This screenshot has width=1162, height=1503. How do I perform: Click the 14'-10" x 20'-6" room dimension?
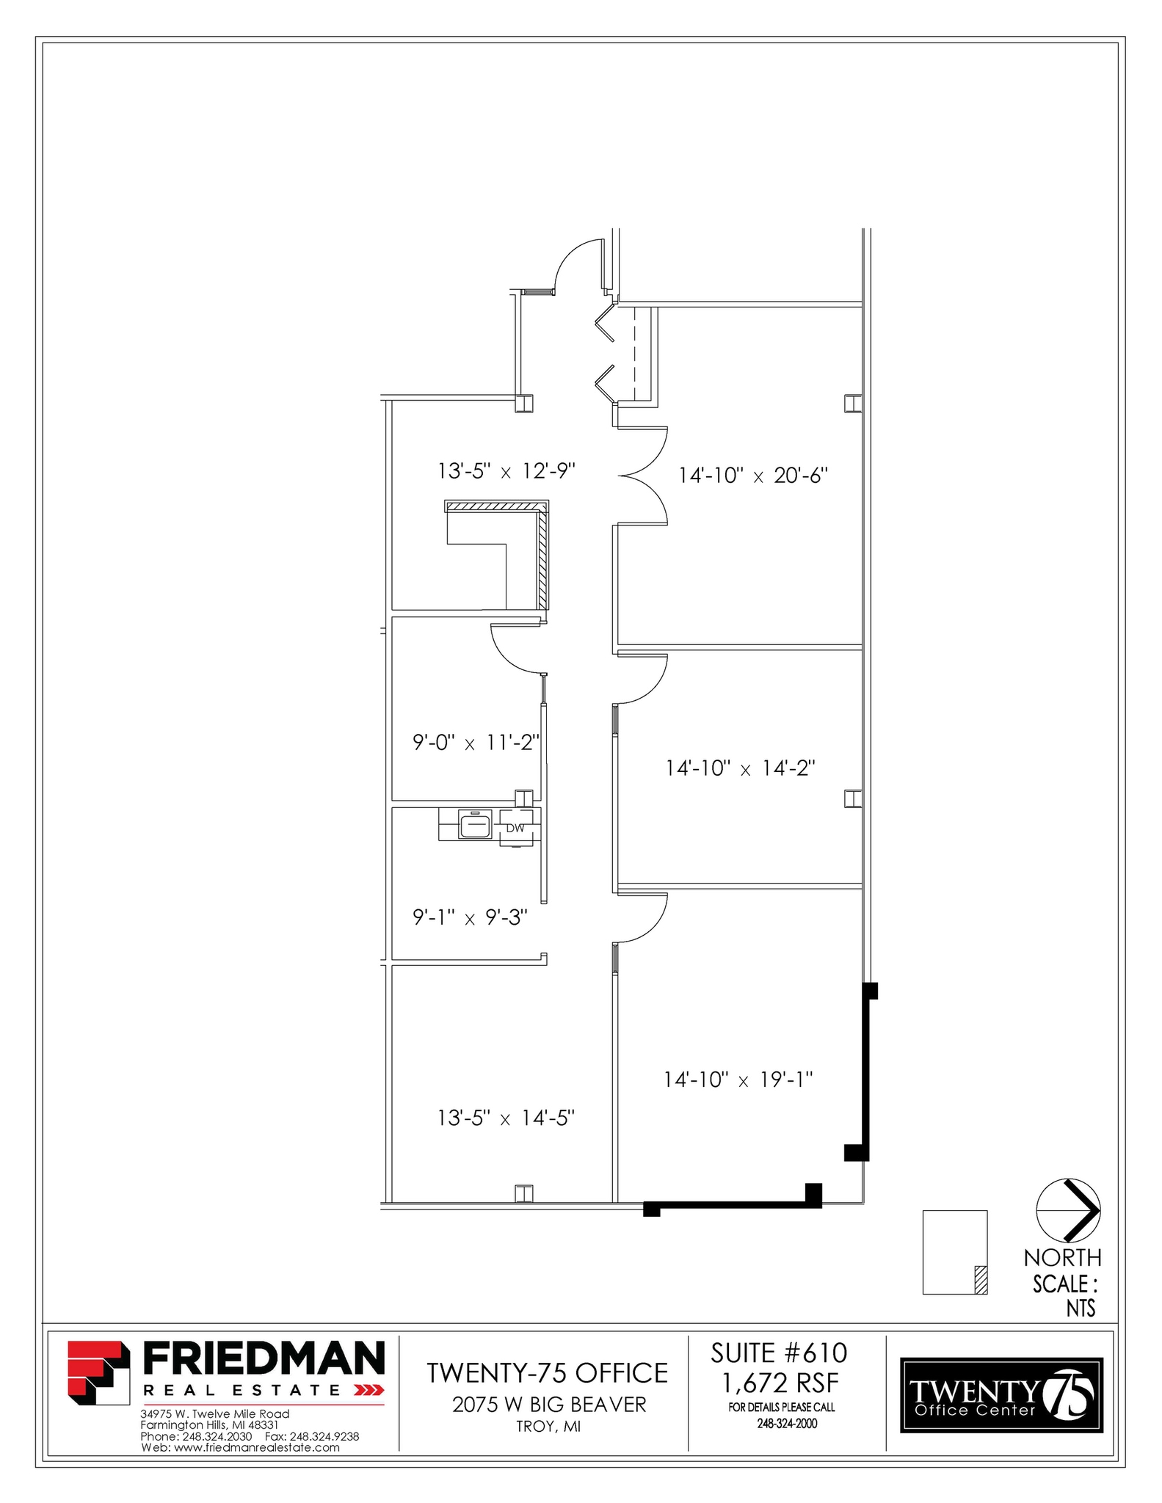pyautogui.click(x=752, y=476)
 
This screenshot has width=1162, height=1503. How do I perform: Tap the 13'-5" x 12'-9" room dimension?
pyautogui.click(x=506, y=470)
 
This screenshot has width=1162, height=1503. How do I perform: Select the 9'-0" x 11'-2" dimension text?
pyautogui.click(x=476, y=743)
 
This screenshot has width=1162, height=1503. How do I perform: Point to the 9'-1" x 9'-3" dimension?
pyautogui.click(x=470, y=917)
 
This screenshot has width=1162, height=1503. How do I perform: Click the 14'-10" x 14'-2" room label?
pyautogui.click(x=741, y=768)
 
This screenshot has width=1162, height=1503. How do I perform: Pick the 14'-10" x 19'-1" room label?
pyautogui.click(x=738, y=1080)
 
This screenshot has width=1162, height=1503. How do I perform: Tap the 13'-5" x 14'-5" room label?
pyautogui.click(x=506, y=1118)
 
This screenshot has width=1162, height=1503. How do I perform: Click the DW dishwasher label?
pyautogui.click(x=515, y=828)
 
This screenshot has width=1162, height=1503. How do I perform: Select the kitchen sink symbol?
pyautogui.click(x=475, y=824)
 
